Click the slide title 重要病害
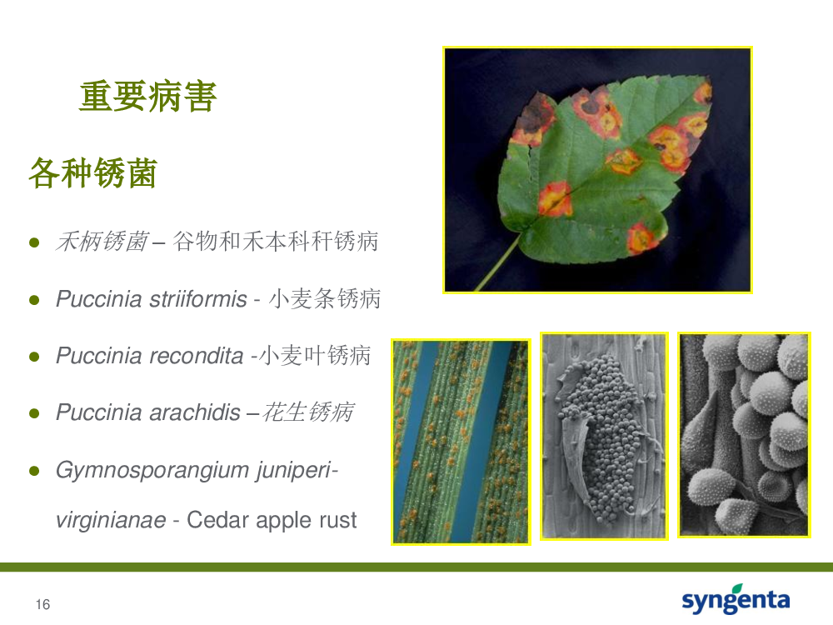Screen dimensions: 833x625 (147, 96)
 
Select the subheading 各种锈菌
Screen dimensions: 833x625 (92, 173)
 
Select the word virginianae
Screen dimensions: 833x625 (111, 520)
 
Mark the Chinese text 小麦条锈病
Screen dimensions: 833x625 (325, 298)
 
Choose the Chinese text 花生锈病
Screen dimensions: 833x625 (308, 412)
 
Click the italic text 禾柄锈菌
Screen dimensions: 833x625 (102, 242)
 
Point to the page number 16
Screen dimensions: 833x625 (43, 604)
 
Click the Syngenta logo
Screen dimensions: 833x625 (736, 599)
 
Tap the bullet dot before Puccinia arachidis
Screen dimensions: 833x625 (34, 413)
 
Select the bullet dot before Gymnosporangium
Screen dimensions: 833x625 (34, 471)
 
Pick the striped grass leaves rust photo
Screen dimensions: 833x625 (461, 442)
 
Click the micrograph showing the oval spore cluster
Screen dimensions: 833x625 (604, 437)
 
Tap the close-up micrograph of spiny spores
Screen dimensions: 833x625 (744, 435)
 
